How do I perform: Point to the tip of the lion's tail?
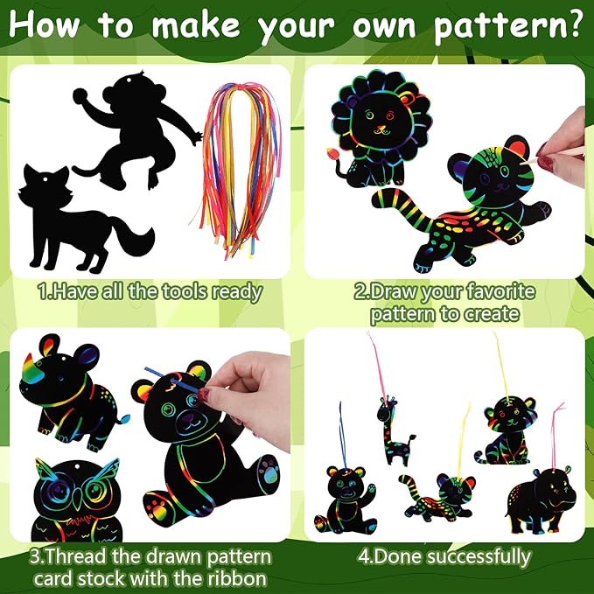point(332,153)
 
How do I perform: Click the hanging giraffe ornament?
point(394,432)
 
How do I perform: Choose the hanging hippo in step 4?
point(541,500)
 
